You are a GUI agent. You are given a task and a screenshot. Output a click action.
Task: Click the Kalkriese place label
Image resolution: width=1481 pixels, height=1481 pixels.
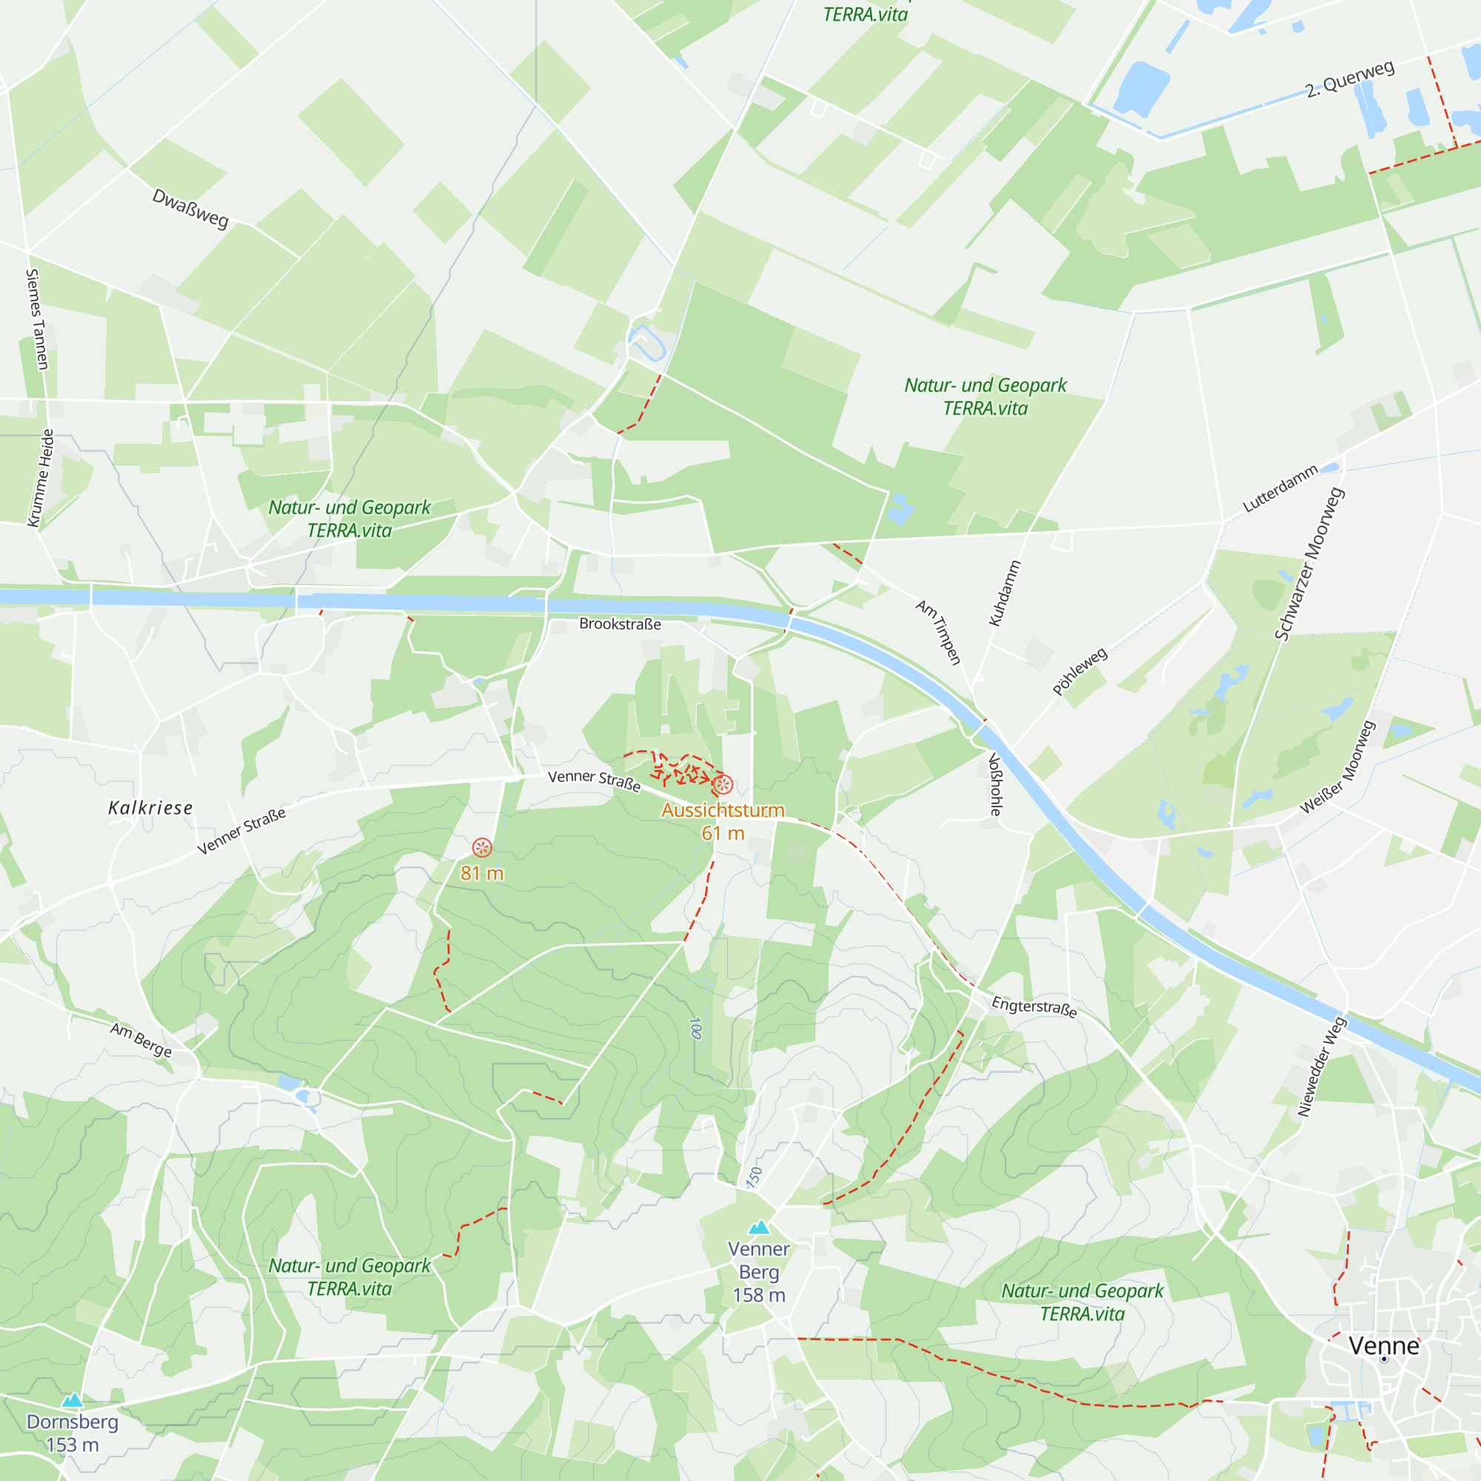(150, 808)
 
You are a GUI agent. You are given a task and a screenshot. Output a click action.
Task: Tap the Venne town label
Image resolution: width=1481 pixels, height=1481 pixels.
(1384, 1346)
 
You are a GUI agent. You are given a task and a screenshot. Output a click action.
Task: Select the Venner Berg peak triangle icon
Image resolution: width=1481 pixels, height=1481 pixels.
(759, 1228)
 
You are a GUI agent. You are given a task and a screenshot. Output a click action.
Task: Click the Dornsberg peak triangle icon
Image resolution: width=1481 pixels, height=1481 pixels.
(73, 1401)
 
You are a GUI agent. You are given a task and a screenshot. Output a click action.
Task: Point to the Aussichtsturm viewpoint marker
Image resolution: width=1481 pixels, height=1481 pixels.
(722, 784)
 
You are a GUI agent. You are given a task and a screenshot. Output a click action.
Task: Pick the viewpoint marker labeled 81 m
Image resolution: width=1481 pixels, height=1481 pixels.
(481, 847)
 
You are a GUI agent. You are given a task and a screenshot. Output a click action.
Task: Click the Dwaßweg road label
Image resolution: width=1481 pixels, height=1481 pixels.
(190, 208)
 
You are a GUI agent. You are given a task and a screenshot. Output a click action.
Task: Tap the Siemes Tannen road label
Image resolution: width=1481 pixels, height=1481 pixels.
(37, 319)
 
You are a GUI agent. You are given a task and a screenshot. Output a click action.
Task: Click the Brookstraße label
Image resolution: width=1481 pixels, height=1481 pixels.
(619, 624)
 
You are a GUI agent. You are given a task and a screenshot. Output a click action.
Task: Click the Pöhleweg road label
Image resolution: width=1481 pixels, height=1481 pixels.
(1080, 672)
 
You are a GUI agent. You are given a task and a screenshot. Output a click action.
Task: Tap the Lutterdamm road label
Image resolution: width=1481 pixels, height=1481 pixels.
(1280, 488)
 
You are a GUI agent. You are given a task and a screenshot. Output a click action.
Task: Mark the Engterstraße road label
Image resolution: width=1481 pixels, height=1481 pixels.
(1033, 1006)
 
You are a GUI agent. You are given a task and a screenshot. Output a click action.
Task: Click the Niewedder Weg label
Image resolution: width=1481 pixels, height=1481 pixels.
(1322, 1066)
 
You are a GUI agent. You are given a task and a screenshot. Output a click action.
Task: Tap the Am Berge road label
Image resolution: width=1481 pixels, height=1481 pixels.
(141, 1040)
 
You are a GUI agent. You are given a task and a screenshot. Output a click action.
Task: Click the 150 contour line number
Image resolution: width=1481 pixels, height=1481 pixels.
(755, 1177)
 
